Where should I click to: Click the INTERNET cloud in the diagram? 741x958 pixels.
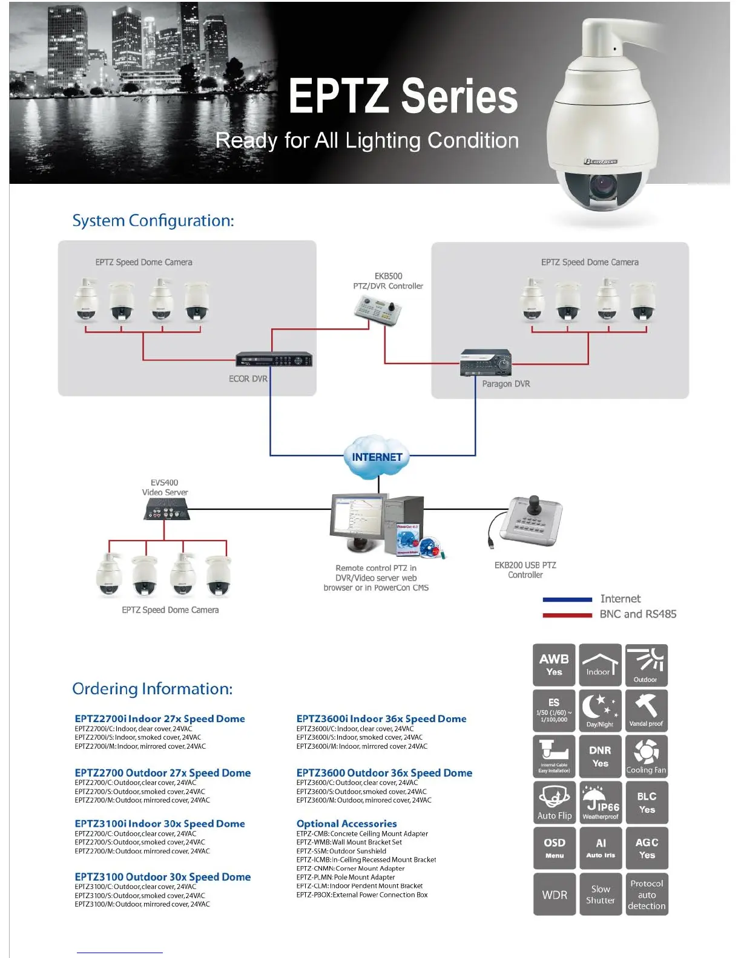point(377,457)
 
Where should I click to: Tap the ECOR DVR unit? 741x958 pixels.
point(274,360)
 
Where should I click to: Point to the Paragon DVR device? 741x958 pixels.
point(486,362)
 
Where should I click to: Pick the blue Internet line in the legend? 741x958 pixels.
point(567,599)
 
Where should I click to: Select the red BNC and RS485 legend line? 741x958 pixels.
point(567,614)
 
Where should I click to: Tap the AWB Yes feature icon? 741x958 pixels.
point(555,665)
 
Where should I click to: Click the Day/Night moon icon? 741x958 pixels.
point(600,710)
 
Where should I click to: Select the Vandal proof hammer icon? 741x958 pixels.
point(646,710)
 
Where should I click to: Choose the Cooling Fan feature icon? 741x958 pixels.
point(646,756)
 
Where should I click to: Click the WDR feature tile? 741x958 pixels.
point(555,894)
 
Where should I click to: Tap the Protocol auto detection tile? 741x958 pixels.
point(647,894)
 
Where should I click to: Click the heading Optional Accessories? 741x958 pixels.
point(346,824)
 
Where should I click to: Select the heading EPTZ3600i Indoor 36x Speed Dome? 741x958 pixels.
point(381,718)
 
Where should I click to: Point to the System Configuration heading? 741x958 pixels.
point(153,221)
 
